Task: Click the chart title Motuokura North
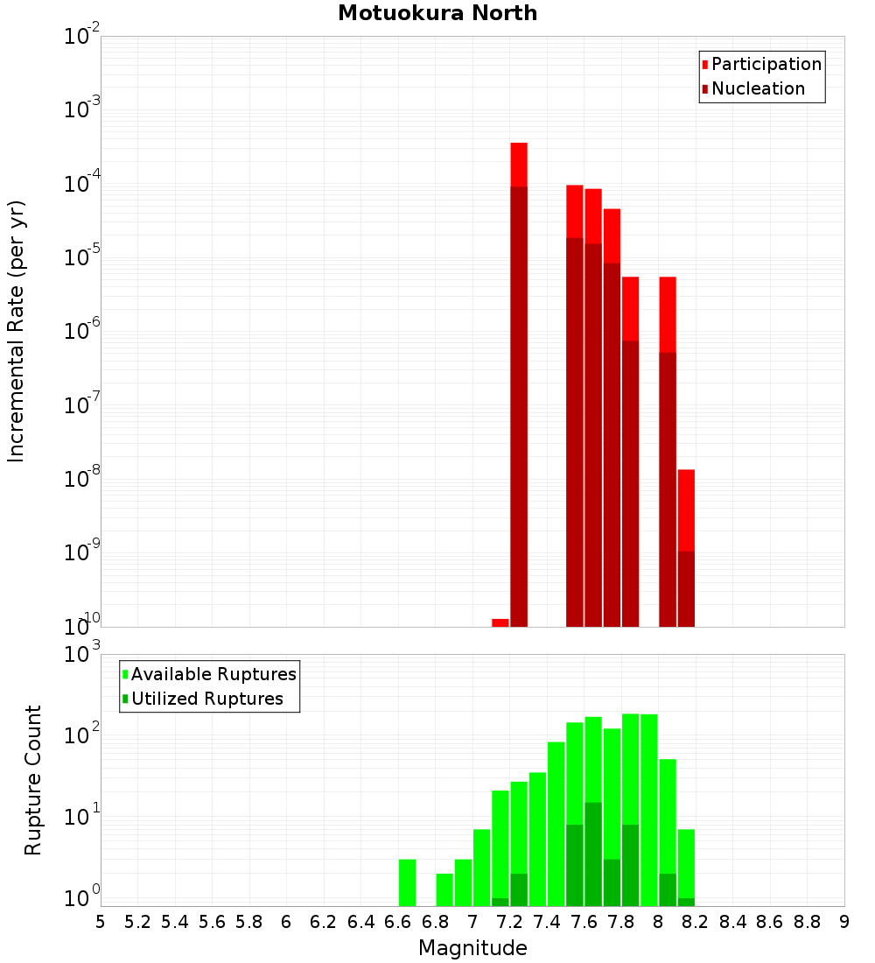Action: click(x=437, y=13)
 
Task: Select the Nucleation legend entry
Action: click(x=757, y=88)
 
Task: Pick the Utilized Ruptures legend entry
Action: click(x=206, y=699)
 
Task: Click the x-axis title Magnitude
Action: click(x=472, y=948)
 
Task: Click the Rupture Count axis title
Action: click(x=33, y=780)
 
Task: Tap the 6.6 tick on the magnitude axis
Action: click(x=398, y=922)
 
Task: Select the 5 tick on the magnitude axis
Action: click(x=101, y=922)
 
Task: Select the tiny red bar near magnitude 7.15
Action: click(x=500, y=622)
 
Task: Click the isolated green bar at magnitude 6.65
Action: click(x=407, y=882)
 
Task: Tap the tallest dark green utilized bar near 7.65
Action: click(x=593, y=854)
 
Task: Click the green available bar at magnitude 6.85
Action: click(x=444, y=889)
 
